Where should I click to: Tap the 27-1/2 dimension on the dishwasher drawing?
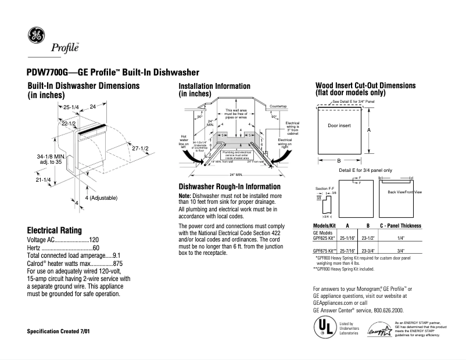click(141, 149)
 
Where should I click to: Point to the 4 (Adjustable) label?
click(101, 198)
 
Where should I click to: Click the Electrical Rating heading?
click(55, 230)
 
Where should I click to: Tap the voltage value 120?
click(94, 239)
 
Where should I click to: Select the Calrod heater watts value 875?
click(117, 262)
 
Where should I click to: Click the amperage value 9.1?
click(116, 255)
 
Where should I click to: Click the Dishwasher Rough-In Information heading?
click(230, 187)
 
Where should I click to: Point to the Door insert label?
click(339, 125)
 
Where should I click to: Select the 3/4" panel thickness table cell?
click(400, 251)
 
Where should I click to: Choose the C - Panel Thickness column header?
click(400, 225)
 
